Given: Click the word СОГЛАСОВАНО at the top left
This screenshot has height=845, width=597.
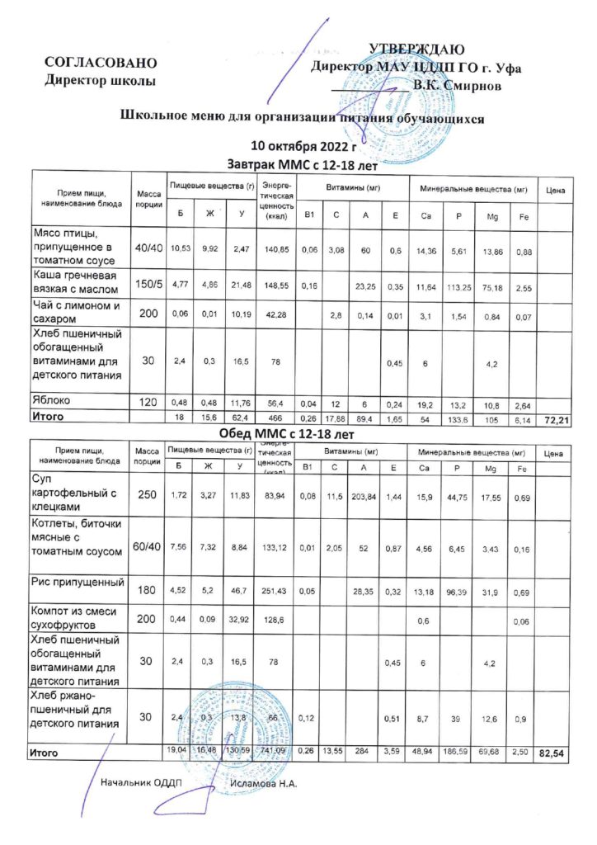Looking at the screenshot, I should click(101, 63).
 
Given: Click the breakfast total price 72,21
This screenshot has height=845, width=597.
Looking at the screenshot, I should click(554, 421).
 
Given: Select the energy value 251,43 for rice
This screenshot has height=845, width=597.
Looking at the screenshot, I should click(275, 592).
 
